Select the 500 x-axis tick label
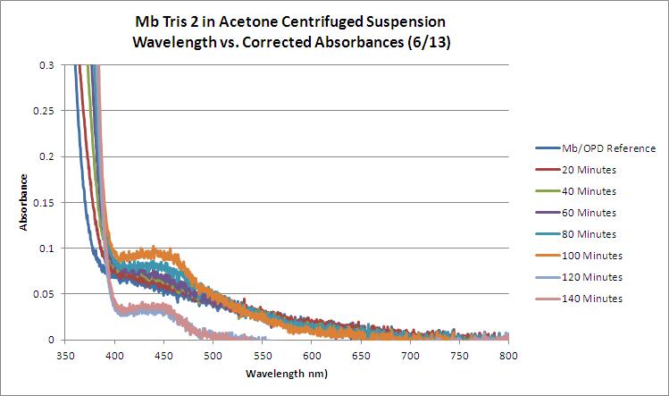click(213, 355)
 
